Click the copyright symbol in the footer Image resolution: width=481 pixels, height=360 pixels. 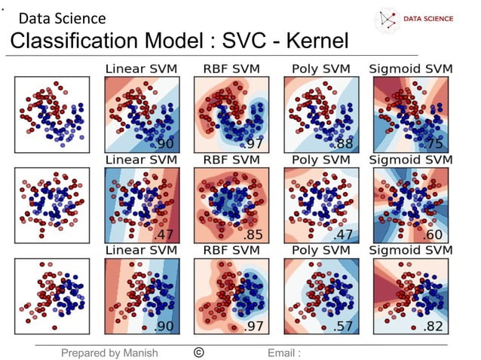pyautogui.click(x=198, y=352)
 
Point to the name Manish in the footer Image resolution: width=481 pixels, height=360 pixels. pyautogui.click(x=137, y=352)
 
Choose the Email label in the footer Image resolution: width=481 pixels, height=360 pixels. pyautogui.click(x=283, y=352)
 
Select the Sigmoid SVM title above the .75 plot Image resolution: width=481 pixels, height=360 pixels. pyautogui.click(x=411, y=69)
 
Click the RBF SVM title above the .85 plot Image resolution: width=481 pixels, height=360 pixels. pyautogui.click(x=231, y=160)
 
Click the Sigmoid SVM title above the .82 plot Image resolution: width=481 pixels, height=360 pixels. pyautogui.click(x=411, y=249)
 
